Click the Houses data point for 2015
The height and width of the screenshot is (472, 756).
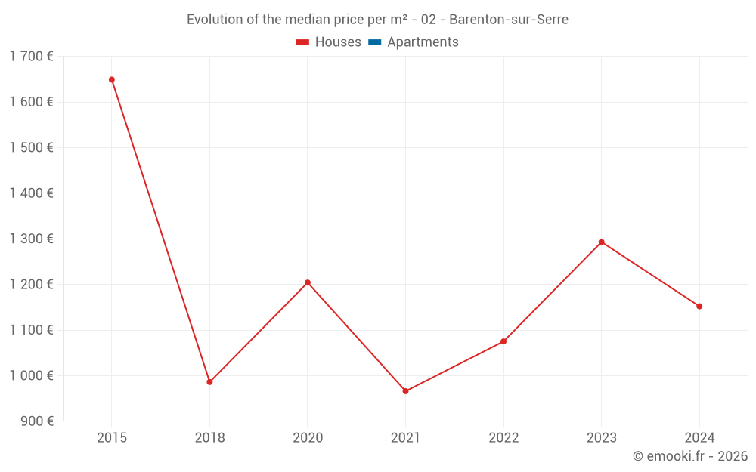coord(112,79)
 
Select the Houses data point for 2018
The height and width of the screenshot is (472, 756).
coord(209,382)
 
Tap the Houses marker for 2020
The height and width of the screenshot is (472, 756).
coord(308,282)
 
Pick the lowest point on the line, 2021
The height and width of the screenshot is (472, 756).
coord(405,391)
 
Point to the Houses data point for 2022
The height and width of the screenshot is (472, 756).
coord(503,341)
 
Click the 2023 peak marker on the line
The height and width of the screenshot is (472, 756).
coord(601,242)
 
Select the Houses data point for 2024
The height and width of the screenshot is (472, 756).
coord(699,306)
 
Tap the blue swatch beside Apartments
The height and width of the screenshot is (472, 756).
coord(373,42)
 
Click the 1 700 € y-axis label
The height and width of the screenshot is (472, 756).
coord(31,56)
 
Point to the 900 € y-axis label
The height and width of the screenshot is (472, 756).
coord(36,421)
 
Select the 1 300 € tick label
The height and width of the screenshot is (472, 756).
coord(31,239)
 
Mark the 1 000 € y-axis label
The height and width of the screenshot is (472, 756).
coord(31,375)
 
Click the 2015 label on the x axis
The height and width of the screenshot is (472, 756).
coord(112,438)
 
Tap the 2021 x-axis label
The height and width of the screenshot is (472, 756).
coord(405,438)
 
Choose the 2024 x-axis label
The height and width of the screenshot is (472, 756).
coord(699,438)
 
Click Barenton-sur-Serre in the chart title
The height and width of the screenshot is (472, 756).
coord(508,20)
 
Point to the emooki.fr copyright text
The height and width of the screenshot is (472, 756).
coord(690,456)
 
